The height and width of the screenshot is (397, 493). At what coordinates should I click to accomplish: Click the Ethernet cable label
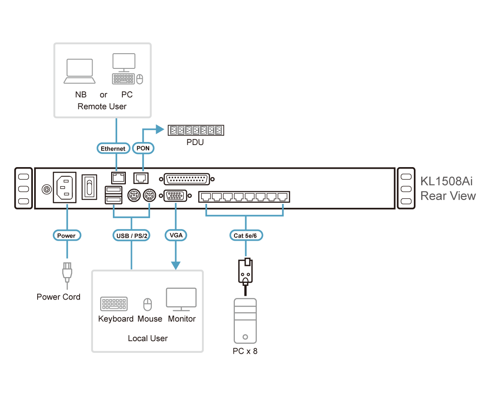click(113, 148)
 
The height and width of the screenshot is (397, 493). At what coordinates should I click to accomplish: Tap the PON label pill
click(143, 148)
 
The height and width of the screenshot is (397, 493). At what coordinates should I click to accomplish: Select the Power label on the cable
click(67, 236)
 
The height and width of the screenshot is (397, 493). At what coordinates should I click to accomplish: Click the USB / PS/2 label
click(131, 236)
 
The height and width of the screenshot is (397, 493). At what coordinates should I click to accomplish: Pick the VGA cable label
click(176, 236)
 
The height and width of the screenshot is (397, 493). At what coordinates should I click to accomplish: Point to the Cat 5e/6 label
click(246, 236)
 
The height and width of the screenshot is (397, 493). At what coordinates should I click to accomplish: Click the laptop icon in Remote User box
click(80, 71)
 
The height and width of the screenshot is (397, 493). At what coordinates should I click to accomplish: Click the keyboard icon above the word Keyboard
click(114, 304)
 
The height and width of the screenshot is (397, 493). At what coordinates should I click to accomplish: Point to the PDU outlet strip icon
click(195, 130)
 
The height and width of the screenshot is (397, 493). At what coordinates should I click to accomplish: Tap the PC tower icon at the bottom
click(245, 321)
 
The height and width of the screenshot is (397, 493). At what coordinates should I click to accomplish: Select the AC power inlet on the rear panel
click(64, 187)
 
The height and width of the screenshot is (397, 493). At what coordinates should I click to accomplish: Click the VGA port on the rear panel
click(176, 197)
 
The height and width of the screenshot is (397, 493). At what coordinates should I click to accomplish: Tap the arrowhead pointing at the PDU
click(160, 129)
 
